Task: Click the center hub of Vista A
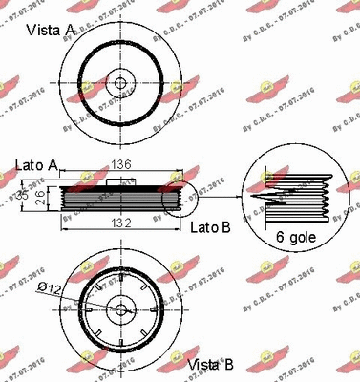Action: coord(119,83)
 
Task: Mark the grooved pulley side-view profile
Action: coord(119,198)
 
